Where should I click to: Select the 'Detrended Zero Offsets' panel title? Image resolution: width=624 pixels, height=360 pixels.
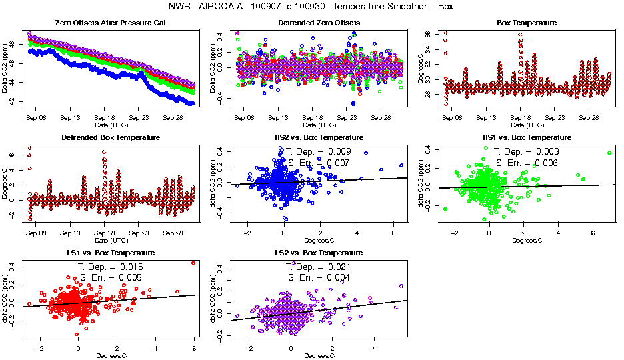319,23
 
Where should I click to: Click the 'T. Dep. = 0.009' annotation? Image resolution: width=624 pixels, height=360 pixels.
319,152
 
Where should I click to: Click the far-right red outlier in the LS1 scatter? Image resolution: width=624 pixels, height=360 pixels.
193,263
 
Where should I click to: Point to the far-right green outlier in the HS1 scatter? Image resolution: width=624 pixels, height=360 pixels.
609,153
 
